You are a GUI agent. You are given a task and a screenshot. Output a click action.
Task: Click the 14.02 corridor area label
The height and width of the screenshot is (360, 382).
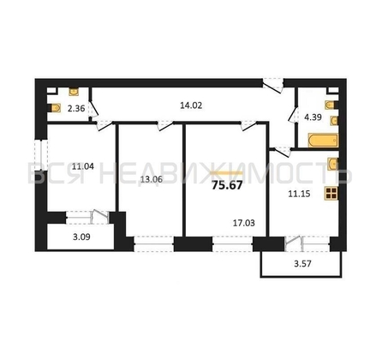pos(191,105)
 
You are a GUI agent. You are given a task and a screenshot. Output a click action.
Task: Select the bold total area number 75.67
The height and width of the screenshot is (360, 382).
pos(227,185)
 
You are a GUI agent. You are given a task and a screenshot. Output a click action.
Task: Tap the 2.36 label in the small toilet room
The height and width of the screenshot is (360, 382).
pos(76,109)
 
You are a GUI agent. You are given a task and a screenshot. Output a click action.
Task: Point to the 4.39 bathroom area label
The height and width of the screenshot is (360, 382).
pos(313,117)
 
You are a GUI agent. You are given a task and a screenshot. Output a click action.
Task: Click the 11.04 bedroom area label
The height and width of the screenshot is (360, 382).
pos(83,166)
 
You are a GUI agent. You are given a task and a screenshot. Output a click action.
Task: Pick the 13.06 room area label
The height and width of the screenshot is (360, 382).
pos(152,179)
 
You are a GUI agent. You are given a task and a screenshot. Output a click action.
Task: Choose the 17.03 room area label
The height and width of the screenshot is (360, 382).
pos(244,223)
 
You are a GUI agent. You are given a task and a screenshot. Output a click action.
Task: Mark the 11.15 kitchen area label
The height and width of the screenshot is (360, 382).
pos(299,194)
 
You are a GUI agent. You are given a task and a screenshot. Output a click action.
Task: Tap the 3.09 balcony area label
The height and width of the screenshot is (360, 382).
pos(81,237)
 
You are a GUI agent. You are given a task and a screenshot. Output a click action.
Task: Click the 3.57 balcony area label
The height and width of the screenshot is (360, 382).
pos(302,263)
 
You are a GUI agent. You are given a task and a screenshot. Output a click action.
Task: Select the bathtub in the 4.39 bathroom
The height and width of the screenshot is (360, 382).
pos(323,141)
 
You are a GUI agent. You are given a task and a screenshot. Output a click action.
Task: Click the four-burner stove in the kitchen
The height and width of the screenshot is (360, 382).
pos(331,193)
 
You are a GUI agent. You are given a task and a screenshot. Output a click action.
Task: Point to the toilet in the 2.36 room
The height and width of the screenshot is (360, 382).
pos(56,108)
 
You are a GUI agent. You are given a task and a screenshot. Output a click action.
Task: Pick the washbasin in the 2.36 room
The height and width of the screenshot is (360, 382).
pos(75,92)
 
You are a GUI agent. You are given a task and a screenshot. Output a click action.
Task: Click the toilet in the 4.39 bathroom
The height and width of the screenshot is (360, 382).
pos(331,105)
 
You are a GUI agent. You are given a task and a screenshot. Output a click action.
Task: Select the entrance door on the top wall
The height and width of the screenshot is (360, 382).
pos(273,85)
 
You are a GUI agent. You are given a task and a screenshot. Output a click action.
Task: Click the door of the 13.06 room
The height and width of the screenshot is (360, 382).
pos(165,126)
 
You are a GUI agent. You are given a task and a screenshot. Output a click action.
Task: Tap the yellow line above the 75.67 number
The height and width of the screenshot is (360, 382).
pos(226,173)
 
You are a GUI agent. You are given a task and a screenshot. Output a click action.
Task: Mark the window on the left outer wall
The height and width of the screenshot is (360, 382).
pos(41,155)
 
